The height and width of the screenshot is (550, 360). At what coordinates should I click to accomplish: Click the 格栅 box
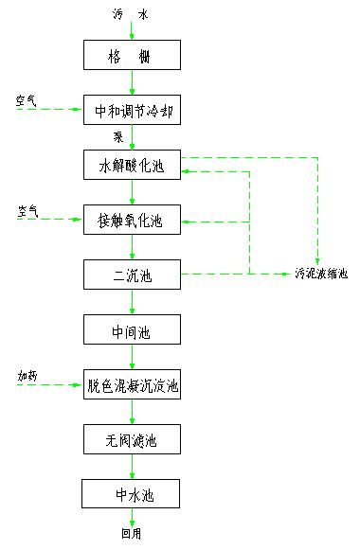tap(131, 56)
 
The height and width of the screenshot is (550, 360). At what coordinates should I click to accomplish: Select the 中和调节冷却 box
tap(131, 110)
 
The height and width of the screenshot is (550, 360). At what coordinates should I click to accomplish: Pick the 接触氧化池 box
tap(131, 221)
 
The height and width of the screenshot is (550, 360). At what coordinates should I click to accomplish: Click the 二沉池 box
tap(131, 275)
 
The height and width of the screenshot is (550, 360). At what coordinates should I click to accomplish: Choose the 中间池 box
tap(131, 330)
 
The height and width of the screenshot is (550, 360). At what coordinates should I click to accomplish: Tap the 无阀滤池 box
tap(131, 439)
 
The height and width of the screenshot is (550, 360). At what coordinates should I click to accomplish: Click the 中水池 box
tap(131, 493)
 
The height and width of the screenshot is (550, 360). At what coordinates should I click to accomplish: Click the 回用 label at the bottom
tap(131, 533)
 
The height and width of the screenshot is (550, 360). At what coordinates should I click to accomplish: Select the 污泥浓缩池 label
tap(320, 275)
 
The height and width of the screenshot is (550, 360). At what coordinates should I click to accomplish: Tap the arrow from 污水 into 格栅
tap(132, 32)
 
